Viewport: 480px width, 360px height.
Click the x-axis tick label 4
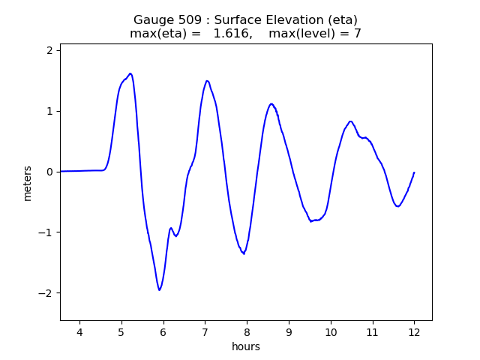[x=79, y=332]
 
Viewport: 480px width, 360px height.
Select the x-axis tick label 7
[x=205, y=332]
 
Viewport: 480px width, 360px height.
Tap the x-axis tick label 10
[x=330, y=332]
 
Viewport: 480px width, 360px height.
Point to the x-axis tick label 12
[x=414, y=332]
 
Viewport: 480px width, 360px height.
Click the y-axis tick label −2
[x=47, y=293]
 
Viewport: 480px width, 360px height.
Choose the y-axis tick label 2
[x=50, y=50]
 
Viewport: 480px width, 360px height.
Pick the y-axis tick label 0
[x=50, y=172]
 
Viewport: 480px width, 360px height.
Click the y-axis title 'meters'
[x=28, y=182]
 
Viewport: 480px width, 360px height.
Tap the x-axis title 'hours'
[x=246, y=346]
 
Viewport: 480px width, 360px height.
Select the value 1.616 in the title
[x=232, y=34]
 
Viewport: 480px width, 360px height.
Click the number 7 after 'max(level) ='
[x=358, y=34]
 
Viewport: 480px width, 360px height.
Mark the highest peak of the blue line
[x=130, y=73]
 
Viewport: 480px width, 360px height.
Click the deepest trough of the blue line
[x=159, y=289]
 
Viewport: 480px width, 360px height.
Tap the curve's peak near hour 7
[x=207, y=81]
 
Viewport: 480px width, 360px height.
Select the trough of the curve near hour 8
[x=243, y=253]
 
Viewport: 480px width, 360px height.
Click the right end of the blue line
[x=414, y=172]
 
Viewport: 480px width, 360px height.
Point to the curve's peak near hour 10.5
[x=350, y=121]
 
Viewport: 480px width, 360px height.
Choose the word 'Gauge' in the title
[x=151, y=19]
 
